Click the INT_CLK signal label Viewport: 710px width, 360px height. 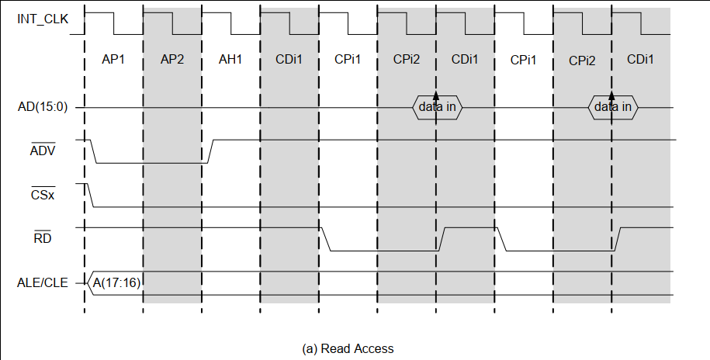42,19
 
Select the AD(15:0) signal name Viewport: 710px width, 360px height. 43,107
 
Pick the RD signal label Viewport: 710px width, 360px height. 43,239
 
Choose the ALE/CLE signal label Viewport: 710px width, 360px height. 42,283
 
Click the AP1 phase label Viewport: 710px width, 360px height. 113,60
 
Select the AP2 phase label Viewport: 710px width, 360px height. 172,60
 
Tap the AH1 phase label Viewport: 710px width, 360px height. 230,60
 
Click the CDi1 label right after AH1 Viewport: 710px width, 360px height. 289,60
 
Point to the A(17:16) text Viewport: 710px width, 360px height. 116,283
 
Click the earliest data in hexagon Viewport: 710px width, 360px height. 437,107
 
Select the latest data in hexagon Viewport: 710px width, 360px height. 612,107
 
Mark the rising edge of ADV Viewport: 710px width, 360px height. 211,151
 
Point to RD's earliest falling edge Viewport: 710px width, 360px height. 326,240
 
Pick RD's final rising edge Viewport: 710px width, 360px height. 618,240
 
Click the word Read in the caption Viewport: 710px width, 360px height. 335,348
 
